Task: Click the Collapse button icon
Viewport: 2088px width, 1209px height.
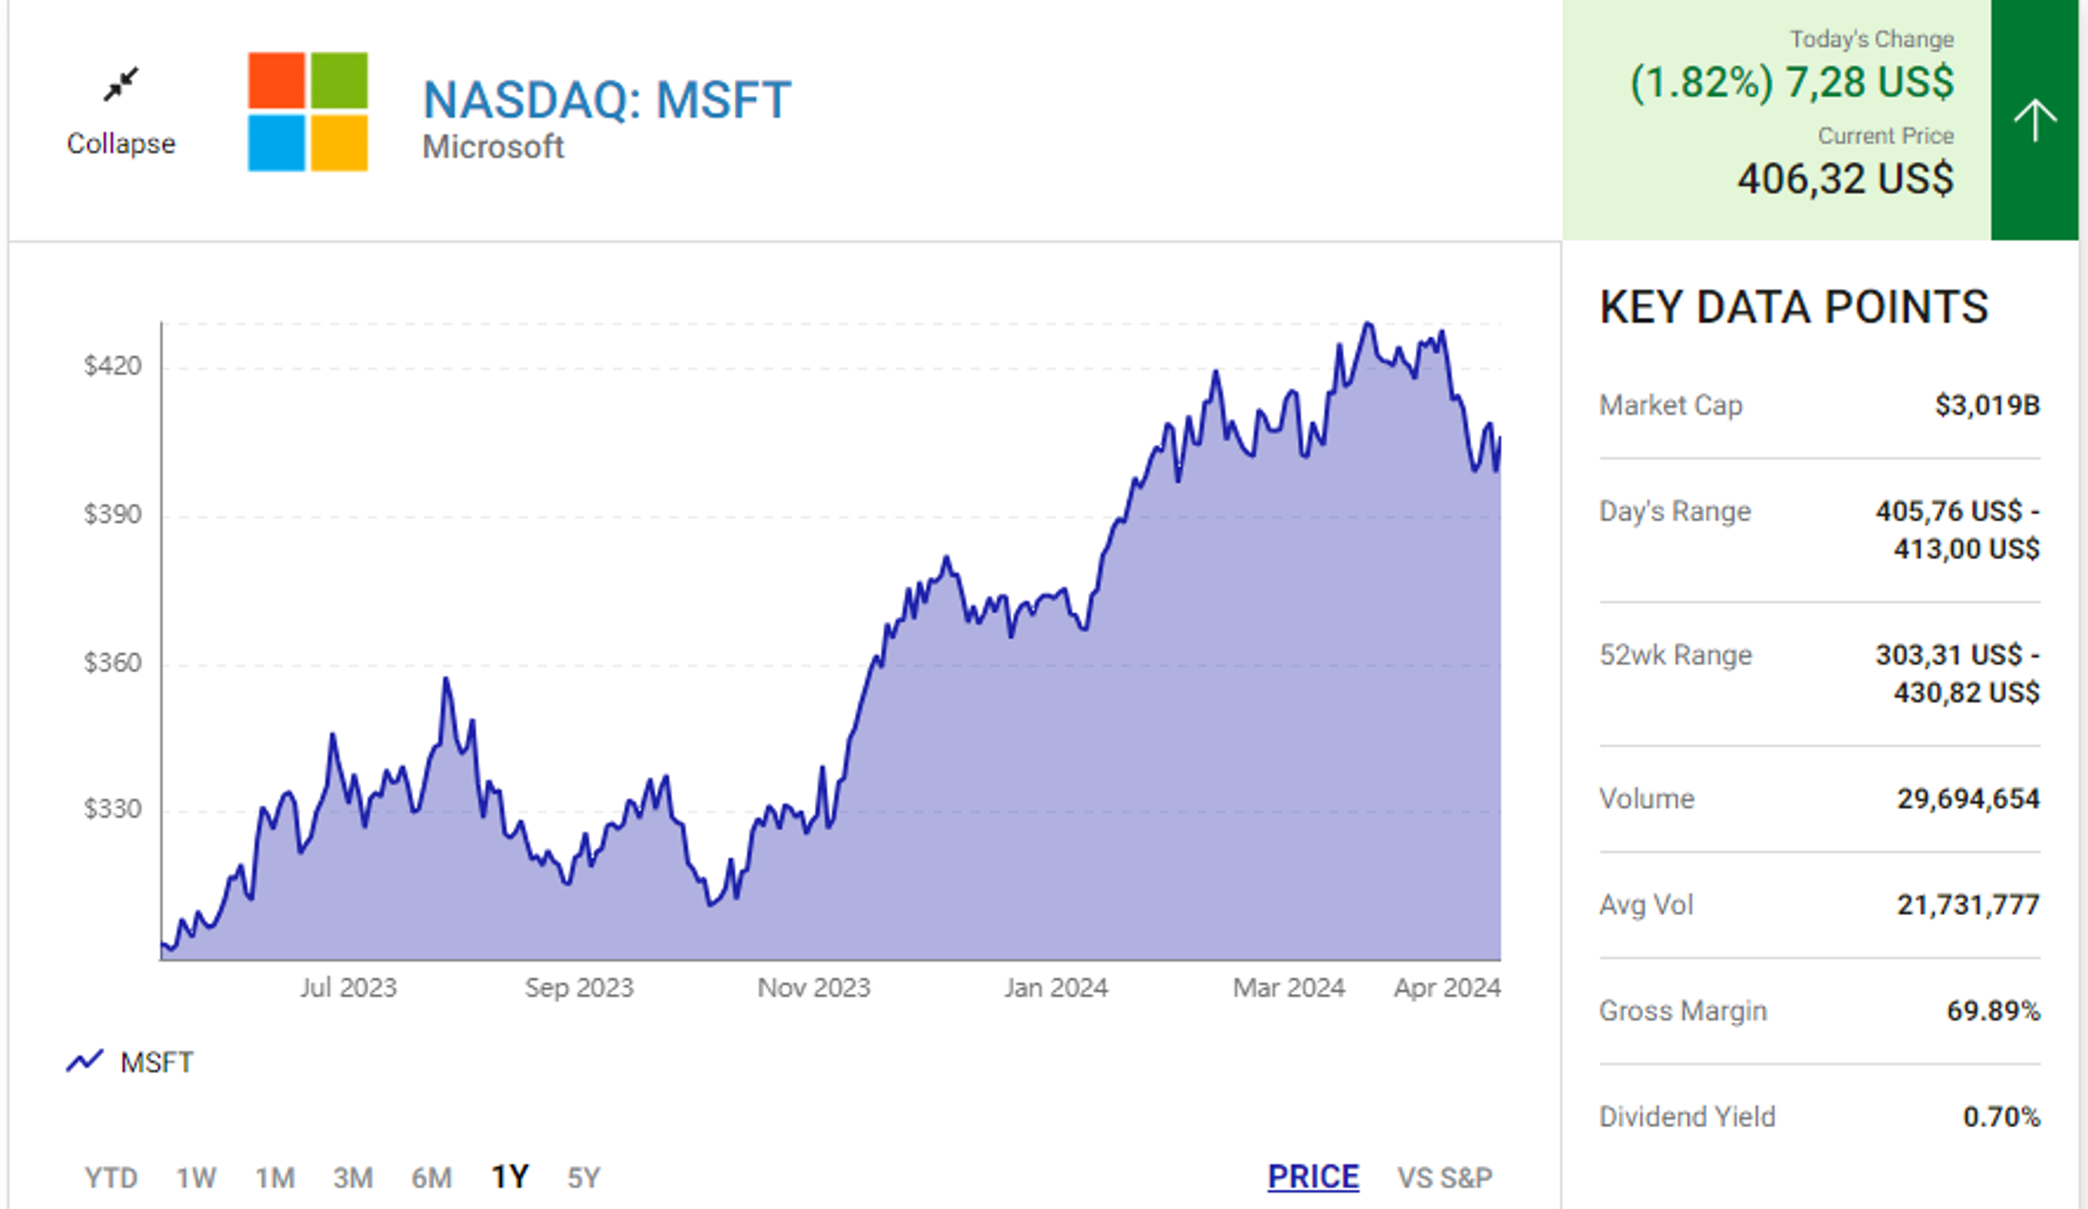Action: [121, 85]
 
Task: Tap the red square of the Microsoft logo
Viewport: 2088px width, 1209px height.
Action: [276, 80]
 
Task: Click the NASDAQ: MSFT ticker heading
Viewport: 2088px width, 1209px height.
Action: [607, 99]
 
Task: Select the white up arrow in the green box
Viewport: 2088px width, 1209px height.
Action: [2034, 120]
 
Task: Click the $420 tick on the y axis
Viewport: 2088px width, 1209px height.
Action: [112, 366]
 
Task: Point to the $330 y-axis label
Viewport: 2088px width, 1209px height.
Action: [112, 810]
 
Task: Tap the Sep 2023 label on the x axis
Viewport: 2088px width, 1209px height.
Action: [579, 988]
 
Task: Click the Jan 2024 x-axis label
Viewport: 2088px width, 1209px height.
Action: [1055, 988]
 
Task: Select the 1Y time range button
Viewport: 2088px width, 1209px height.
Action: [509, 1177]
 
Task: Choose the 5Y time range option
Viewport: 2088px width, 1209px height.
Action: [583, 1177]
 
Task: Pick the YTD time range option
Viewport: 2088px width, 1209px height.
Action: [111, 1177]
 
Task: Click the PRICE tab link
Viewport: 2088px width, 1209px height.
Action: [1313, 1177]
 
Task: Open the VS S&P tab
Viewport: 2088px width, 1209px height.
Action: [1444, 1177]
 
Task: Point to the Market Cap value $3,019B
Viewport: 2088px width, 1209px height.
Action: [1987, 405]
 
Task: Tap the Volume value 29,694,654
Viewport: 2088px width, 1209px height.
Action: [1968, 799]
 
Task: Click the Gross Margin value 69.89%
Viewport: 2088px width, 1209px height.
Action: [1992, 1011]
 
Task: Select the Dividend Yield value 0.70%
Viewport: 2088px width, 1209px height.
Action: [2001, 1117]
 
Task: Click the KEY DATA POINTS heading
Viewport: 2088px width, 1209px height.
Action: [1793, 308]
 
